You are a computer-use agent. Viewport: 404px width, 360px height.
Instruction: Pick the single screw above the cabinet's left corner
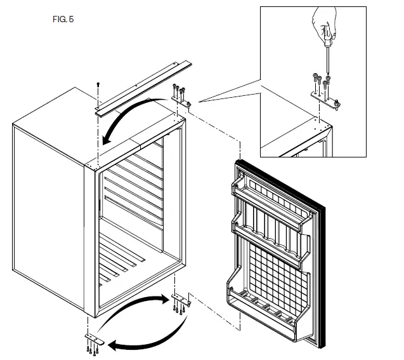(98, 84)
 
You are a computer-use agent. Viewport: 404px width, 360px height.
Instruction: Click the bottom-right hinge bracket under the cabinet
(180, 299)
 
